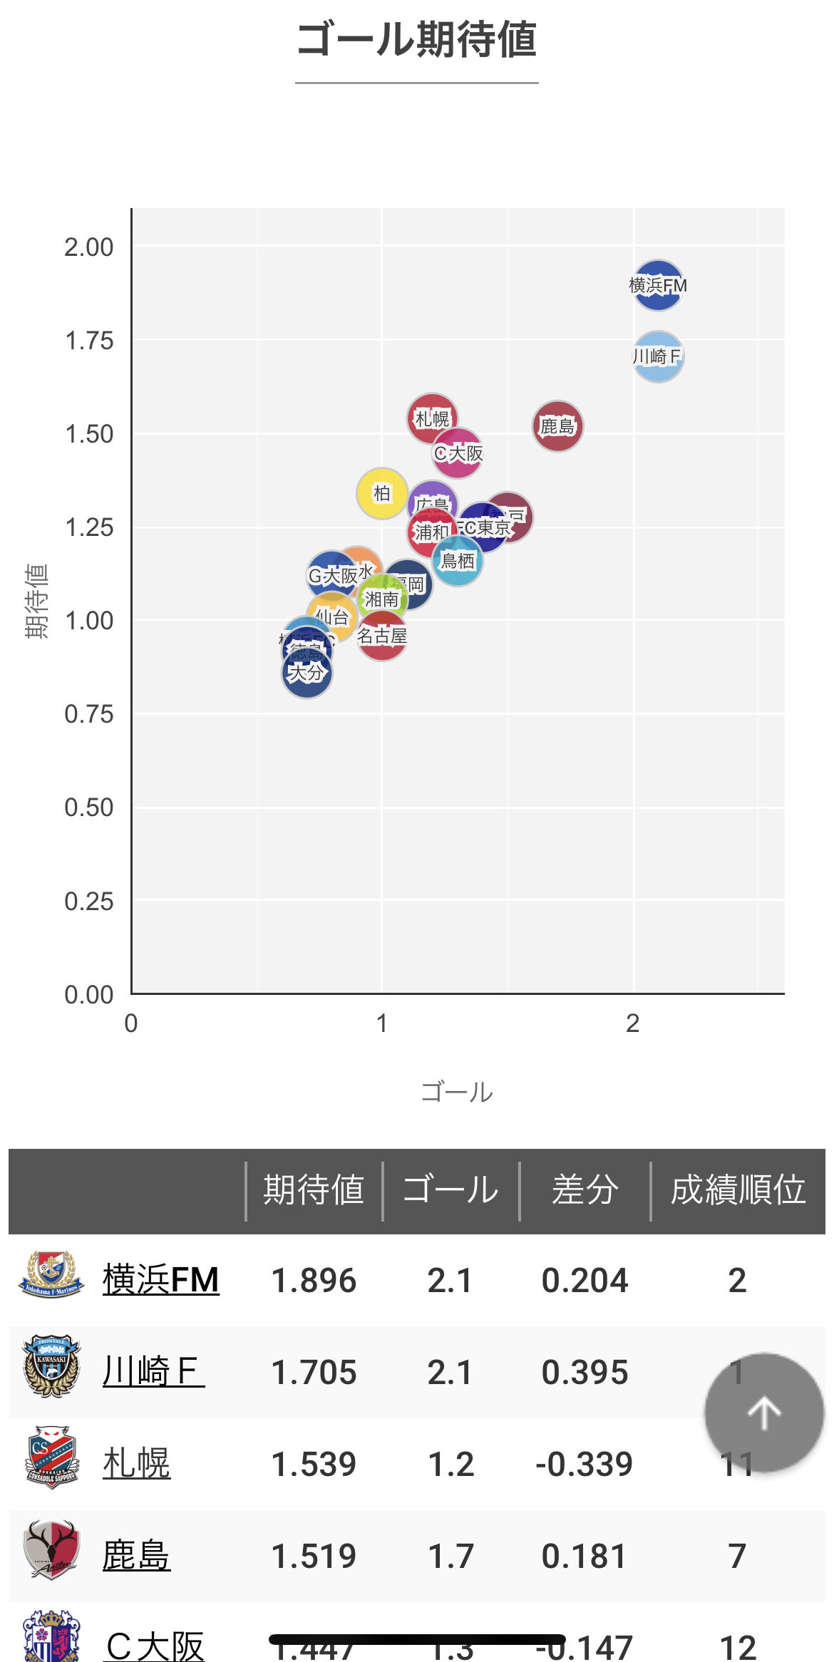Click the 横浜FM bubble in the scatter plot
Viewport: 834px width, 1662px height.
point(658,285)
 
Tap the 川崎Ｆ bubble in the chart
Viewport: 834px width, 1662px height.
point(658,356)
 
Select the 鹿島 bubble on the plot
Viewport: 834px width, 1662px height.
point(557,426)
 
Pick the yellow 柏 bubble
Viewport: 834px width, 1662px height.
point(382,493)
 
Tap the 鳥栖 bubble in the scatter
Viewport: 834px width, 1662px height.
point(458,562)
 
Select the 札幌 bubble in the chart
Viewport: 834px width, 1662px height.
point(432,418)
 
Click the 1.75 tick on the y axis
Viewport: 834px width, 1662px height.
point(89,341)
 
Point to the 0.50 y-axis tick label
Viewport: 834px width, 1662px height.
point(89,807)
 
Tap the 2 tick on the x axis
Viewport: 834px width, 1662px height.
point(632,1023)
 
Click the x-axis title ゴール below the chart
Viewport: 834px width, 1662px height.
point(457,1092)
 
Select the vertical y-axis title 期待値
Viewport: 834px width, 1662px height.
point(36,601)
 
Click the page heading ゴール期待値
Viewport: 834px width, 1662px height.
point(417,40)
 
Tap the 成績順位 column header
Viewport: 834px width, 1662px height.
point(738,1190)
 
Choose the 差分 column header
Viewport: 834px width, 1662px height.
point(585,1190)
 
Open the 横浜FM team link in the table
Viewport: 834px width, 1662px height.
point(161,1280)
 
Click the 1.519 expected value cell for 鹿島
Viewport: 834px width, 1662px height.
point(314,1556)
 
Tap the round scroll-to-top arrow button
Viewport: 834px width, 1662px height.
point(764,1413)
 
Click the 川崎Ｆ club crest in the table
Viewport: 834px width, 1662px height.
point(51,1366)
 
